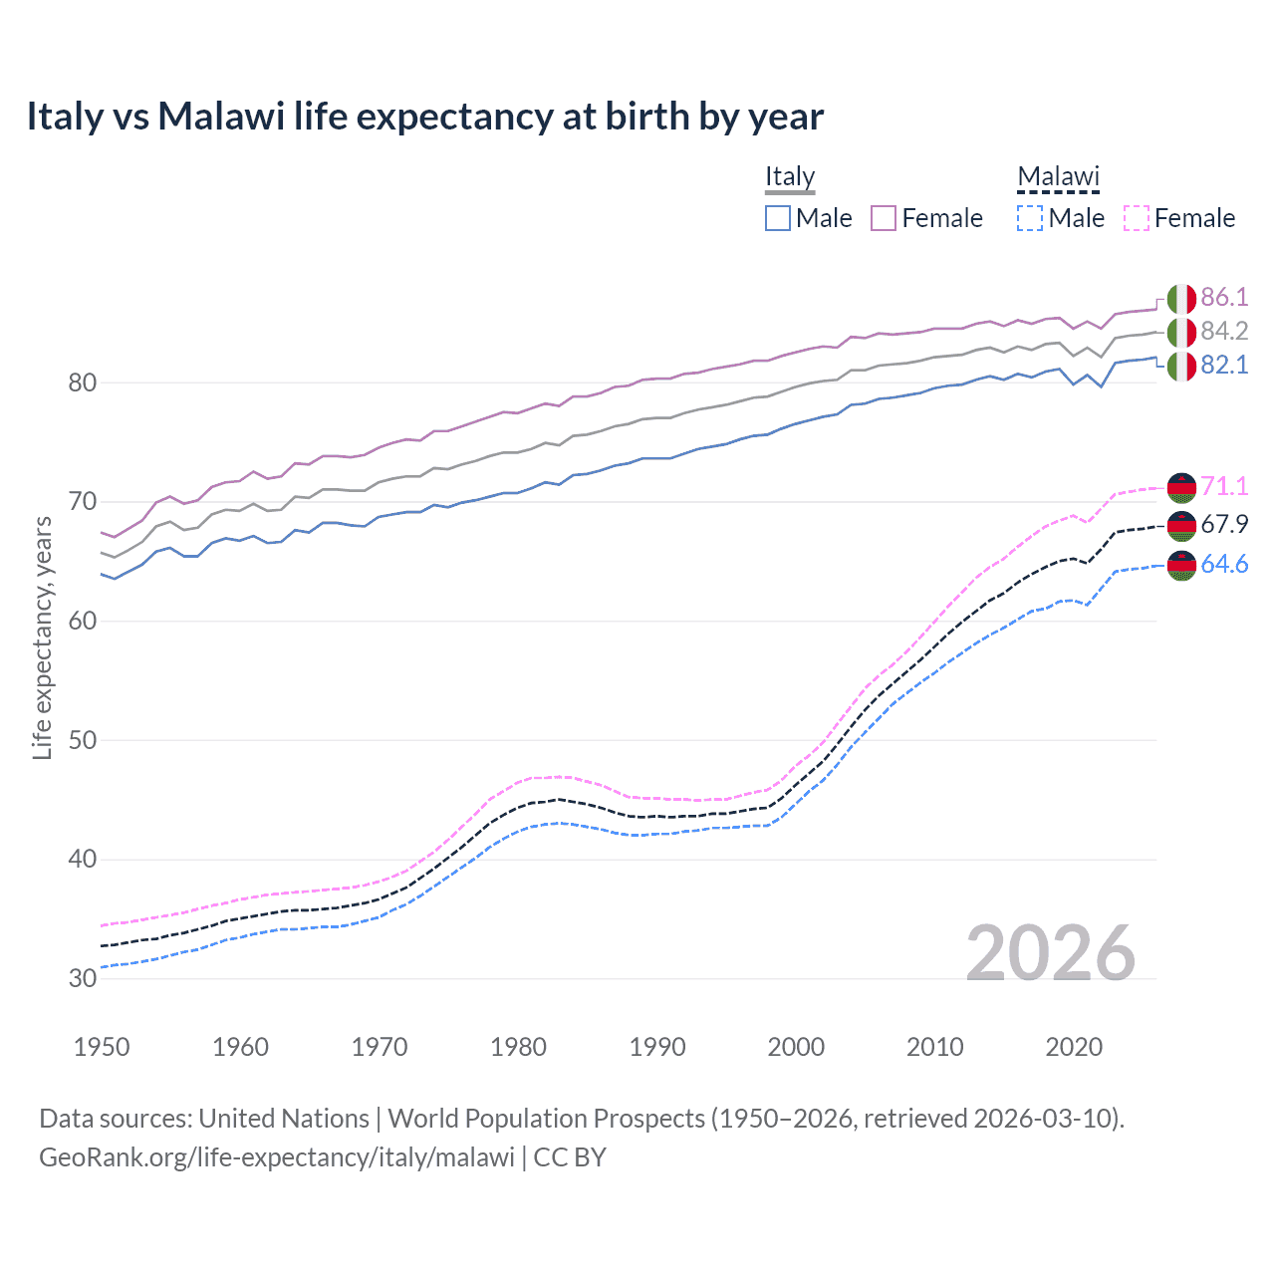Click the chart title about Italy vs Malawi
click(x=424, y=117)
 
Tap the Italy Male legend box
click(x=778, y=218)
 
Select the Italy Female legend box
click(x=884, y=218)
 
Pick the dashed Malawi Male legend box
click(x=1030, y=218)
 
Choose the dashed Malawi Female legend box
click(x=1137, y=218)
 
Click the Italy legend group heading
click(x=790, y=177)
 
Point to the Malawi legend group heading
click(x=1058, y=177)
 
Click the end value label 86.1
click(x=1224, y=298)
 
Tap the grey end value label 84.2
click(x=1224, y=331)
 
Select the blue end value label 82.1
click(x=1224, y=366)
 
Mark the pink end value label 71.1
click(x=1224, y=486)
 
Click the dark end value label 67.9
click(x=1224, y=525)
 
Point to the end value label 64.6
click(x=1224, y=565)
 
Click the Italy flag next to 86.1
click(x=1181, y=299)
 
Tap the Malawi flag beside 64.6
click(x=1181, y=566)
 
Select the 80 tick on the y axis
click(x=82, y=382)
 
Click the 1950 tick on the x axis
click(x=102, y=1047)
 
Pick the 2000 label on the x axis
click(x=796, y=1047)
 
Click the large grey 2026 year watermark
click(x=1051, y=953)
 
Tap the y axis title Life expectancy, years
click(x=43, y=638)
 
